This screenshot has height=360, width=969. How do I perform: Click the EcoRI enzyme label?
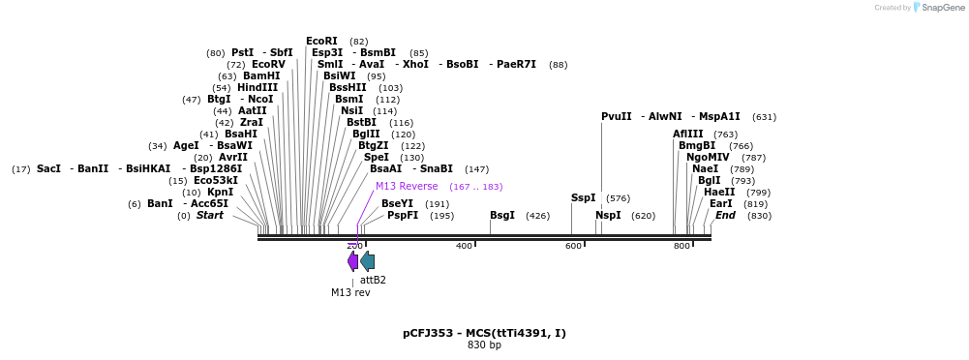tap(321, 42)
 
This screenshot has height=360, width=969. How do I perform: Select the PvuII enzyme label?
tap(616, 117)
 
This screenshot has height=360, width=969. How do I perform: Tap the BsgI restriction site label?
tap(501, 216)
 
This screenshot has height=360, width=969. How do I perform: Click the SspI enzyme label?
tap(583, 198)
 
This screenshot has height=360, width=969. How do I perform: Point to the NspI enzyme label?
tap(608, 216)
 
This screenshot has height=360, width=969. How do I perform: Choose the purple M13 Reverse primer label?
tap(407, 187)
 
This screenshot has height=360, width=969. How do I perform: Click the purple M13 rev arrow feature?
tap(353, 261)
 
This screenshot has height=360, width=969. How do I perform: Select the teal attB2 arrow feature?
tap(368, 261)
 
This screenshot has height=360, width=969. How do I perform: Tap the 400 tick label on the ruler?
tap(464, 246)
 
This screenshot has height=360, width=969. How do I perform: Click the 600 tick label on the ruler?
tap(573, 246)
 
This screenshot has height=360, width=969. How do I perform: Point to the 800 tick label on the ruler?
tap(681, 246)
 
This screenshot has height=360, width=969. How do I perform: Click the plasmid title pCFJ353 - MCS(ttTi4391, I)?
tap(484, 333)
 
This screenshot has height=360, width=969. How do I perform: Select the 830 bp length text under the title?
tap(484, 345)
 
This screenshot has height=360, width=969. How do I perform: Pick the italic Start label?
tap(209, 216)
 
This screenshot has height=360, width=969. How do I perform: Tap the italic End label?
tap(725, 216)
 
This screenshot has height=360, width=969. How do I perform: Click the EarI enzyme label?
tap(720, 204)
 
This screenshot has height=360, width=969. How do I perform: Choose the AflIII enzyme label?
tap(688, 135)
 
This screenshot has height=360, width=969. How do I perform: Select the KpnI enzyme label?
tap(220, 193)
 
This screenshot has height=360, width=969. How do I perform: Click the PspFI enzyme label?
tap(403, 216)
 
